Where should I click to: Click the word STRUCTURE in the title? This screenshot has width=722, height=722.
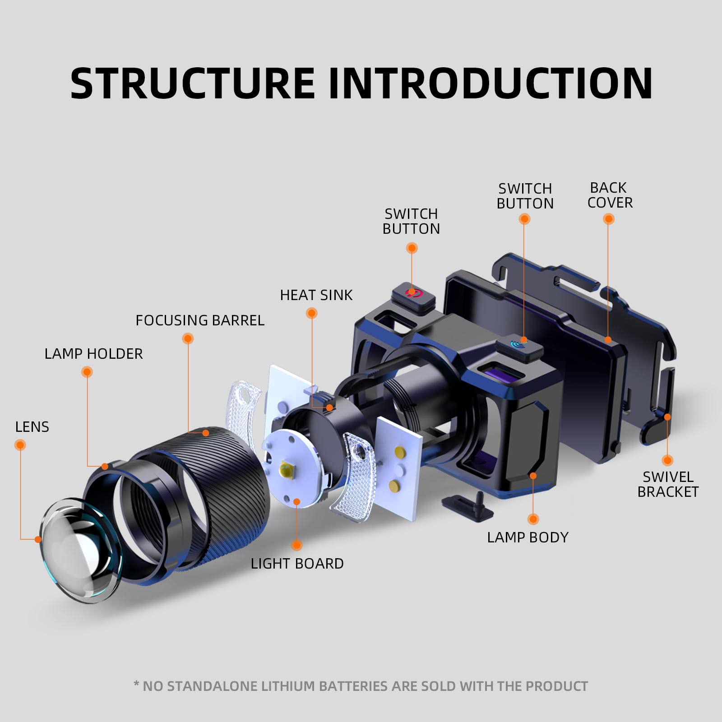point(192,83)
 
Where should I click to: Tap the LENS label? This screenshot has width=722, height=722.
point(32,427)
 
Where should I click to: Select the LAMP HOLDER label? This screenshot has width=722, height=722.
point(93,354)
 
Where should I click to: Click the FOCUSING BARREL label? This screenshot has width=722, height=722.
point(200,320)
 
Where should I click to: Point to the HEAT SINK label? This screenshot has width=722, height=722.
point(316,295)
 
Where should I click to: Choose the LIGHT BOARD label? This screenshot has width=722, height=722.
point(297,564)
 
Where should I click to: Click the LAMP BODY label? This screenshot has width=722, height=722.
point(528,537)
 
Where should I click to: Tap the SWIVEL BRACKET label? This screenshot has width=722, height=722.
point(667,484)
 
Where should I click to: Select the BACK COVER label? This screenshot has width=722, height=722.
point(610,195)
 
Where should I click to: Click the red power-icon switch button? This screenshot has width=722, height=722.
point(413,294)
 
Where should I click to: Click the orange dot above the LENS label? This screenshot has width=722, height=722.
point(20,445)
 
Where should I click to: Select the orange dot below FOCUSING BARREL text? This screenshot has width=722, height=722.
point(188,338)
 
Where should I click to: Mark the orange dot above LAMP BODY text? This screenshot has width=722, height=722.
point(533,519)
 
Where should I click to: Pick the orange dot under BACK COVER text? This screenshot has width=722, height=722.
point(609,219)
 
